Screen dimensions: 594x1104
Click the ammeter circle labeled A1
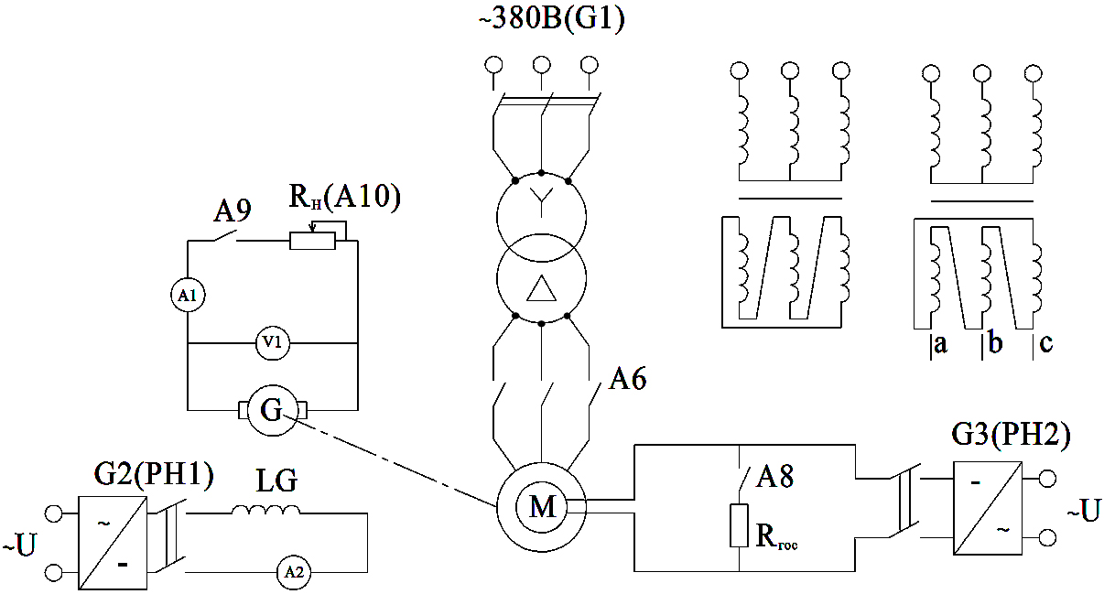point(188,296)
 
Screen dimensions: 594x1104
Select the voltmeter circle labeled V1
point(272,344)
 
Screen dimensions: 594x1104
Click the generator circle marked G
point(272,410)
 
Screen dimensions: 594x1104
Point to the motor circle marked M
point(543,506)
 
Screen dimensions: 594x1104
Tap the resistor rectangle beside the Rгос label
point(739,524)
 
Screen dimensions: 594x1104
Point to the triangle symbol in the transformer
point(541,289)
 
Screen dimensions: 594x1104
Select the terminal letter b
point(994,346)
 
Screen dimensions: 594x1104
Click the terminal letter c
point(1045,346)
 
